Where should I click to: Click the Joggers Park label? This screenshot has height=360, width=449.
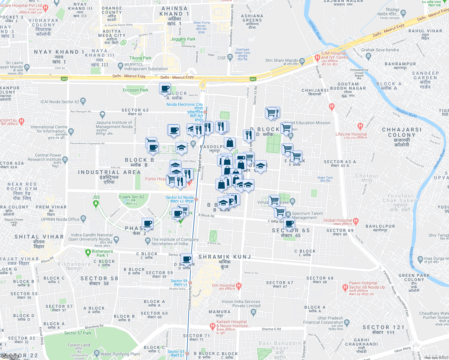click(183, 39)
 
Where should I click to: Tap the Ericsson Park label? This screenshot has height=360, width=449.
click(135, 90)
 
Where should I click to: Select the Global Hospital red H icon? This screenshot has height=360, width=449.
click(356, 221)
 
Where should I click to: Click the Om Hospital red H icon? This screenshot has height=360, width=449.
click(239, 286)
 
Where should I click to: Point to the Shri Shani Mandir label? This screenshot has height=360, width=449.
click(282, 61)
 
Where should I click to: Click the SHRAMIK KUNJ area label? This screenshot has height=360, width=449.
click(224, 257)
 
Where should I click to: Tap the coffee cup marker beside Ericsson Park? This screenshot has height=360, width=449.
click(165, 89)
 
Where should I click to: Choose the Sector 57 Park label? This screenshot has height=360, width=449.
click(78, 333)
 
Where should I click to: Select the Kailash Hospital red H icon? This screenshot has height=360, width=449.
click(212, 325)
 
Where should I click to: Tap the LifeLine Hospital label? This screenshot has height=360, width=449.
click(351, 134)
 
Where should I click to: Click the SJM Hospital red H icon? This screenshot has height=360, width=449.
click(317, 58)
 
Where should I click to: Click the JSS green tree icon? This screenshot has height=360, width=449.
click(96, 203)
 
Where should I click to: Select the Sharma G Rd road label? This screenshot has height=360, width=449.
click(271, 329)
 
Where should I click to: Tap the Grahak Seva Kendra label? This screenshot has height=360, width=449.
click(380, 50)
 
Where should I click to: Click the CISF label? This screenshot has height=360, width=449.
click(222, 58)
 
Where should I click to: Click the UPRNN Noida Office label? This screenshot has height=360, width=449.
click(60, 219)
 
